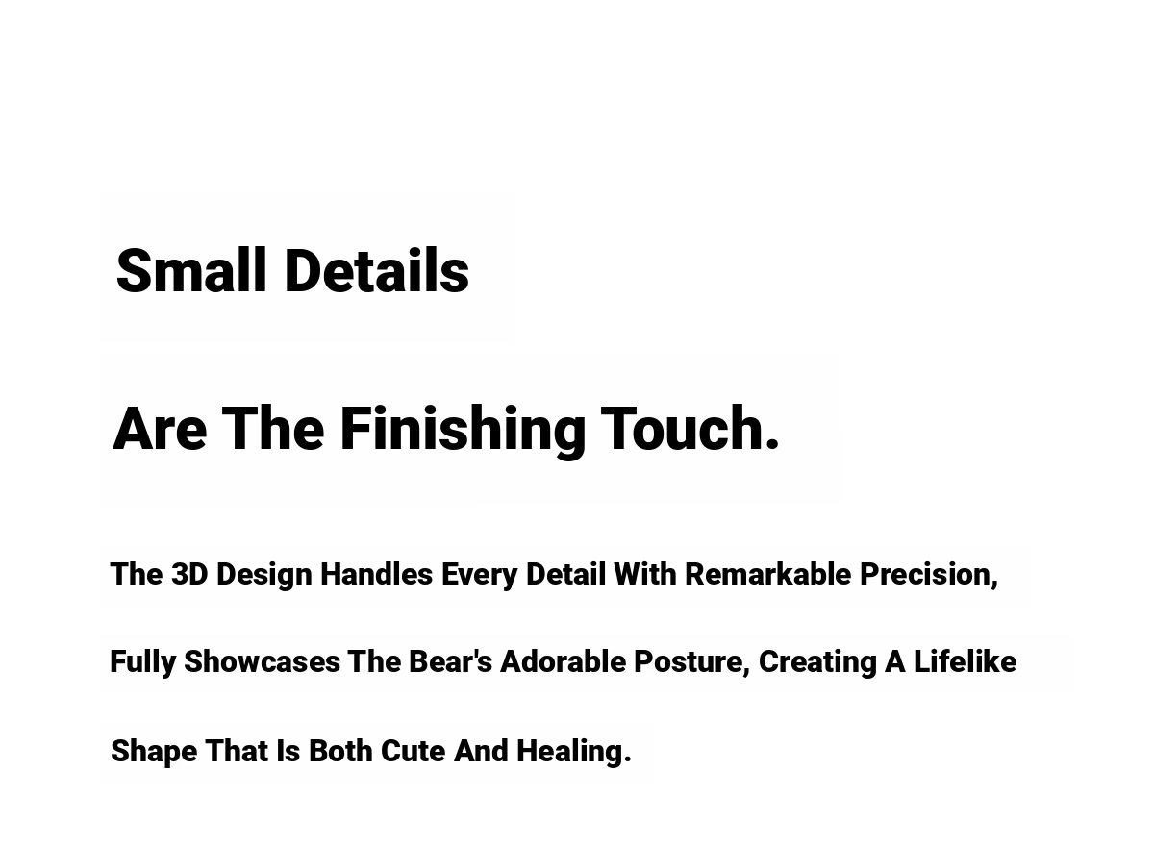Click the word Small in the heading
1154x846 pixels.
[191, 270]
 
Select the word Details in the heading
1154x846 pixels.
[377, 270]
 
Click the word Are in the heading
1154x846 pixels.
[160, 429]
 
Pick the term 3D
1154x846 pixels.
[189, 574]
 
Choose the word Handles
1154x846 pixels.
[376, 574]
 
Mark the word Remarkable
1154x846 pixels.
[767, 574]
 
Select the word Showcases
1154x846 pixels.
[262, 661]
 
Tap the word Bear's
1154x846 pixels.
[450, 661]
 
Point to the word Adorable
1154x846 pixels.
[564, 661]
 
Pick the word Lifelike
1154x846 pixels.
[965, 661]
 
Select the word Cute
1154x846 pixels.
[413, 751]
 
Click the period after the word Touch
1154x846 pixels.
[771, 443]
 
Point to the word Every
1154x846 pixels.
[479, 575]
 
